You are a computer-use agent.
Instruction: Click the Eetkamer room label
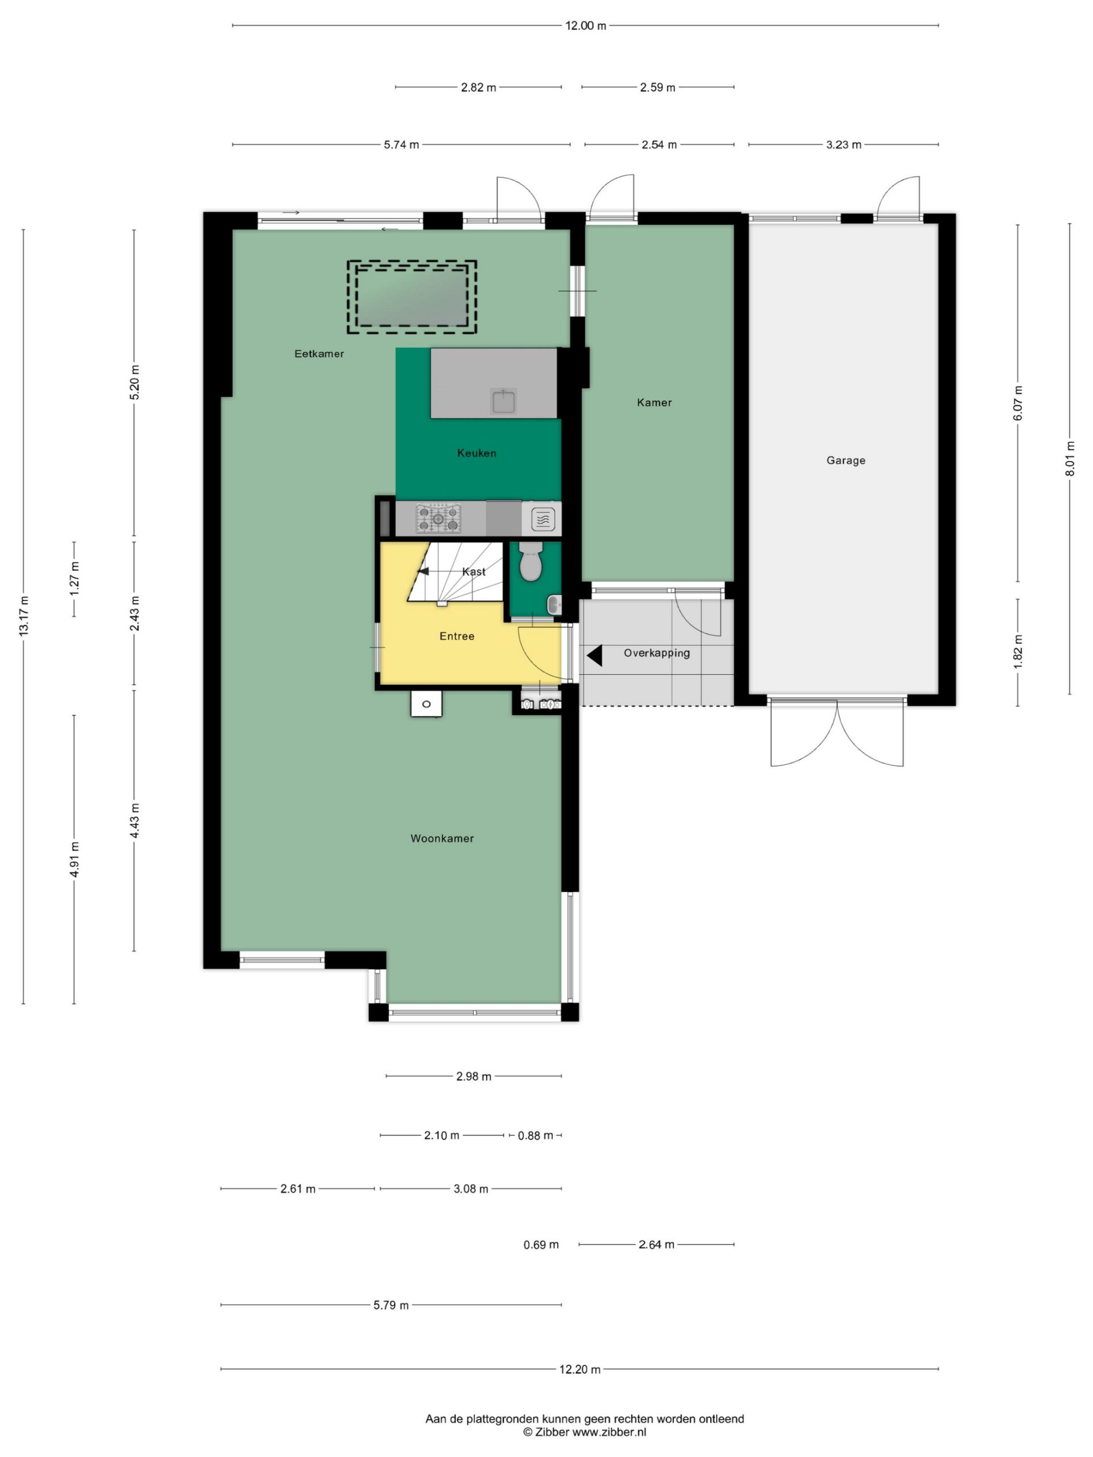tap(319, 353)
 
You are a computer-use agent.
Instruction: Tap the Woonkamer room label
tap(442, 838)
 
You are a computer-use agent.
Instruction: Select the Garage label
tap(846, 460)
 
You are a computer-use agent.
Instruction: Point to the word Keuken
tap(476, 453)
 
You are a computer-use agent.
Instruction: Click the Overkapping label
tap(657, 653)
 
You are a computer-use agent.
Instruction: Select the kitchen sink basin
tap(503, 401)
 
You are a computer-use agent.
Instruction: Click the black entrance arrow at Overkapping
tap(594, 656)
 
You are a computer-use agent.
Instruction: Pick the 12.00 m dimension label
tap(586, 26)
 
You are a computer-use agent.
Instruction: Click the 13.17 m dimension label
tap(24, 615)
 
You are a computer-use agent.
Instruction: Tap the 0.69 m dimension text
tap(541, 1245)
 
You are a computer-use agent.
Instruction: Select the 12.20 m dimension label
tap(580, 1369)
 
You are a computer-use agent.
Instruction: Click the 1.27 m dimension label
tap(75, 579)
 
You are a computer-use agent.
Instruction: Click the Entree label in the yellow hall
tap(457, 636)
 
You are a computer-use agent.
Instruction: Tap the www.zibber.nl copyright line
tap(585, 1432)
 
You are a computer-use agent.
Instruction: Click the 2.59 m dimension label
tap(658, 88)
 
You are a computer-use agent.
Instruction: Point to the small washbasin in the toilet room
tap(554, 604)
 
